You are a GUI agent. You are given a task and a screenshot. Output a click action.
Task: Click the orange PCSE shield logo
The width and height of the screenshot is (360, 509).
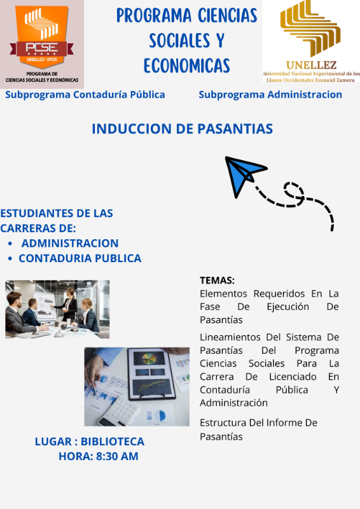point(41,36)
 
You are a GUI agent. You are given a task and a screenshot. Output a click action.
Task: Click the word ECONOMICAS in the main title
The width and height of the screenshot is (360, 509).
point(186,66)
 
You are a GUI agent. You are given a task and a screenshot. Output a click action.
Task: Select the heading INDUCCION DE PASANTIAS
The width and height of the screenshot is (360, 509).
point(182,129)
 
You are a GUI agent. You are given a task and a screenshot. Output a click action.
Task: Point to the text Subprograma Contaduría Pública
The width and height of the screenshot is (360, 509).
point(85,94)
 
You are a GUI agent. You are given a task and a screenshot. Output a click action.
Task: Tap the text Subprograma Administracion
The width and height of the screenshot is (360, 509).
point(270,94)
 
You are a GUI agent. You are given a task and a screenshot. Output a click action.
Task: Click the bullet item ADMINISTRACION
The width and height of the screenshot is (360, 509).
point(70,243)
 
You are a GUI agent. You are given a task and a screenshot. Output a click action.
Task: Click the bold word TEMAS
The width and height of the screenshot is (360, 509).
point(217,280)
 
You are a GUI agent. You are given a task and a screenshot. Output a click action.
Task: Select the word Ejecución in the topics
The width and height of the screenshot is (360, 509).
point(288,307)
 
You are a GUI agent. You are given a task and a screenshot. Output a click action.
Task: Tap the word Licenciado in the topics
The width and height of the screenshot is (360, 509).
point(293,377)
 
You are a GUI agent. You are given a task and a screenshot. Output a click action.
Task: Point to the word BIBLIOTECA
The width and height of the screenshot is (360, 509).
point(113,442)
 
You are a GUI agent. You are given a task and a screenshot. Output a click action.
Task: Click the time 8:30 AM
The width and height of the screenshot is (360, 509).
point(117,456)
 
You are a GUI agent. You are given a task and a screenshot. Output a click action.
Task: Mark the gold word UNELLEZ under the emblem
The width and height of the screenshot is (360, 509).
point(311,65)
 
